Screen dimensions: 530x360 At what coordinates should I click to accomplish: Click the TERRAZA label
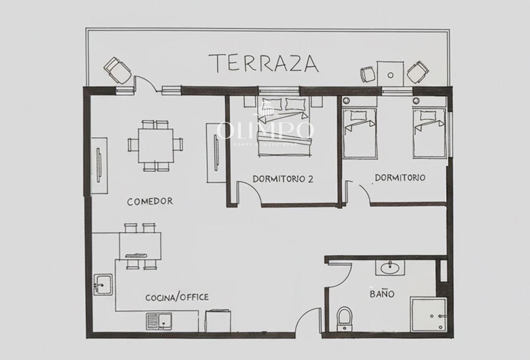point(264,63)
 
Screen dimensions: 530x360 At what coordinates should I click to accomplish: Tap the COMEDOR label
point(150,201)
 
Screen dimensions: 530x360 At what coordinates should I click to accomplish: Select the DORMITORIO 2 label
point(283,179)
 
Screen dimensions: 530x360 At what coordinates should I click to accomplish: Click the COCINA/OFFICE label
point(177,297)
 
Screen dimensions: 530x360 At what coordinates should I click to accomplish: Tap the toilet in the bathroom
point(345,319)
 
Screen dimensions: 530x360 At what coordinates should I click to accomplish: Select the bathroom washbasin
point(390,268)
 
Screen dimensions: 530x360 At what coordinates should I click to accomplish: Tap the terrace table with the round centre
point(391,74)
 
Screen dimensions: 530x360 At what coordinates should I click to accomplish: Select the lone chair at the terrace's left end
point(117,71)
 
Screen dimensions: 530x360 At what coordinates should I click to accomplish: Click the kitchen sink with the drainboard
point(159,321)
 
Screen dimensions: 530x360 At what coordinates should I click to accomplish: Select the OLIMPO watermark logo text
point(265,130)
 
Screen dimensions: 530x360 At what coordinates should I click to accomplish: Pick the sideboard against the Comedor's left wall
point(99,166)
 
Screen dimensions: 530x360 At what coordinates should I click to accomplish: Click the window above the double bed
point(279,90)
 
